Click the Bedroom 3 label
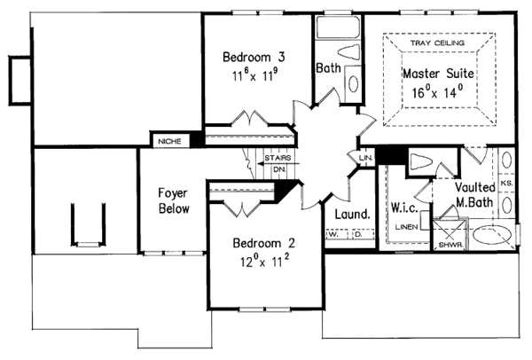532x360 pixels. pyautogui.click(x=249, y=57)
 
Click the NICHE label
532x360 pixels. pyautogui.click(x=168, y=140)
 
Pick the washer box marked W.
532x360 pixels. pyautogui.click(x=332, y=237)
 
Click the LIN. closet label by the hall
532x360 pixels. pyautogui.click(x=365, y=158)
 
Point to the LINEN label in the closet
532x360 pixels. pyautogui.click(x=406, y=227)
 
